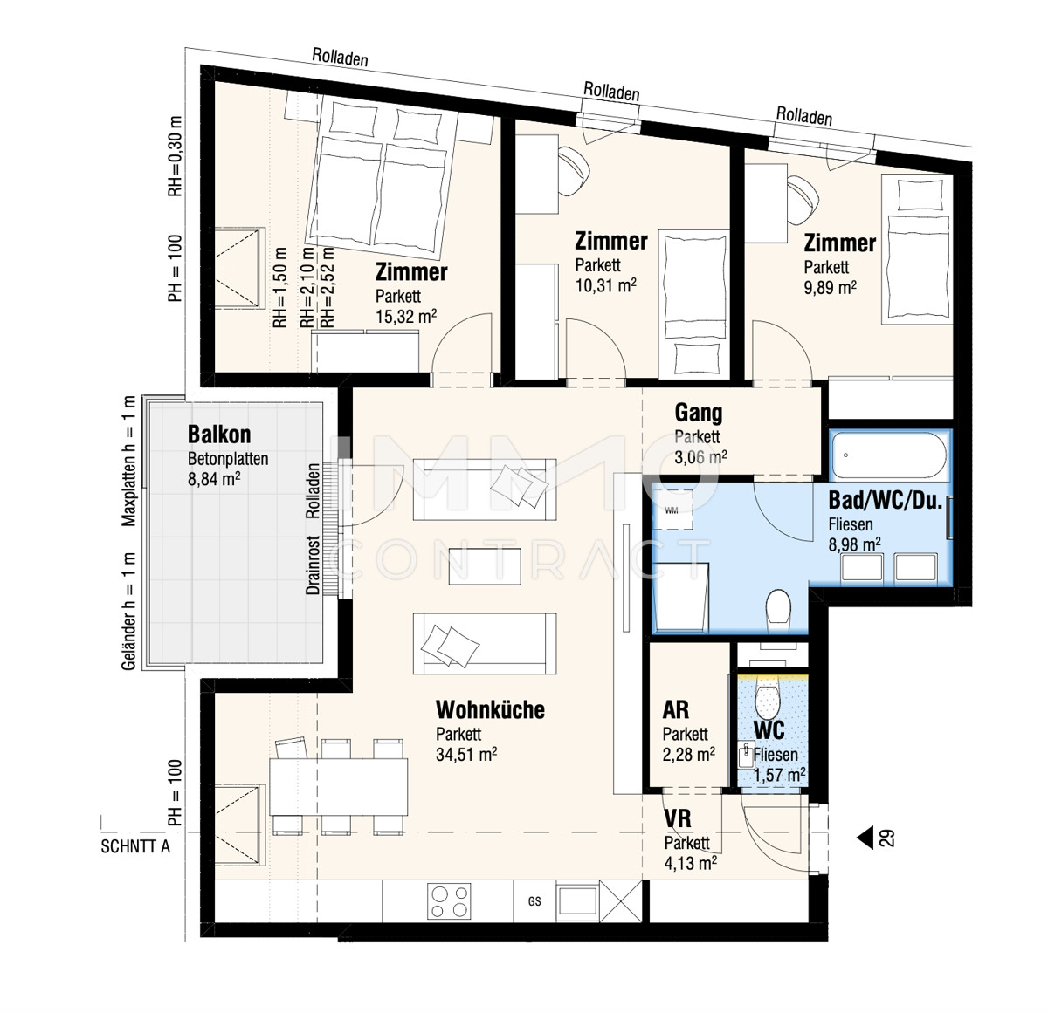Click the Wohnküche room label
[x=490, y=710]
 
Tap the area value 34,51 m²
[x=466, y=754]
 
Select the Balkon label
[x=219, y=435]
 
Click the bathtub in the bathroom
[x=889, y=455]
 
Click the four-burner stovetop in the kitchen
[x=449, y=901]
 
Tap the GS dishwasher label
[x=534, y=901]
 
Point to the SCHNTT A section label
[x=135, y=846]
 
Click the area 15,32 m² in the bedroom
[x=406, y=317]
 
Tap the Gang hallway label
[x=698, y=413]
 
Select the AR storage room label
[x=675, y=710]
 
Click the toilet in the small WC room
[x=768, y=698]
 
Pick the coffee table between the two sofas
[x=485, y=566]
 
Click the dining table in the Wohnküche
[x=338, y=786]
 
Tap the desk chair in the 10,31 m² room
[x=576, y=171]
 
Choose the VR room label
[x=678, y=819]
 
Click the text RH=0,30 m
[x=176, y=156]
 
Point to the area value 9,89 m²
[x=831, y=287]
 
